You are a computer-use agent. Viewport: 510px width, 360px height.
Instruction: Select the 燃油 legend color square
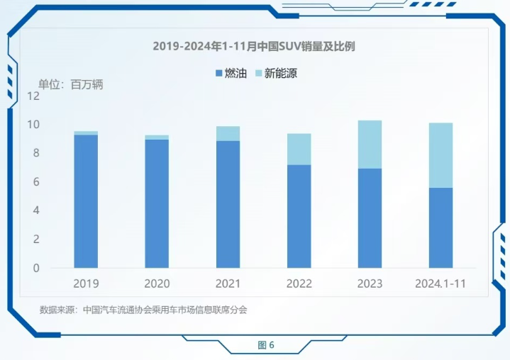[218, 73]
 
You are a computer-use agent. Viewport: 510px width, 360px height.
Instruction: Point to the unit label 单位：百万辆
[70, 84]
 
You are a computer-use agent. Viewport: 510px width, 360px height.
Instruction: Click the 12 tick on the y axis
[34, 96]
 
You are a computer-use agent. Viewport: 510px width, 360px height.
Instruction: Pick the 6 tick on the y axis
[36, 182]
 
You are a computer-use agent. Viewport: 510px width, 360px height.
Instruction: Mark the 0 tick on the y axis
[36, 269]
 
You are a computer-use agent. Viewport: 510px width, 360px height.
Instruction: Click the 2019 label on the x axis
[86, 283]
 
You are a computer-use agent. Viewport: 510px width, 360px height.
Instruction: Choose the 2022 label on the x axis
[299, 283]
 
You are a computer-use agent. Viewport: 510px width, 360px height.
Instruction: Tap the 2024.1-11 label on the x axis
[440, 283]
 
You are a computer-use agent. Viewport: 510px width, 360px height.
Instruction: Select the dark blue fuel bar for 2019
[86, 202]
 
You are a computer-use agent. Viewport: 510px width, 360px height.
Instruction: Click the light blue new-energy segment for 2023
[370, 145]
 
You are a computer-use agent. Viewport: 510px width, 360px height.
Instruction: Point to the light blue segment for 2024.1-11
[440, 155]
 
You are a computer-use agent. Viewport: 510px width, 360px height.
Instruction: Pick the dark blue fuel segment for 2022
[299, 216]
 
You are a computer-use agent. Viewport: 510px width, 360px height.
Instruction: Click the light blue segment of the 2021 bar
[228, 133]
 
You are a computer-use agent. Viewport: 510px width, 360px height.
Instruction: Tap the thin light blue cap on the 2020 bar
[157, 137]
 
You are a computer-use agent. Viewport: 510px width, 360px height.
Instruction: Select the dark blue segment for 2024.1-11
[440, 227]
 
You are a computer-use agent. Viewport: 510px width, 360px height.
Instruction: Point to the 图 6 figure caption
[266, 345]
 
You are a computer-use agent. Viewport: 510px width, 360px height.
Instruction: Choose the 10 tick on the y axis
[34, 125]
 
